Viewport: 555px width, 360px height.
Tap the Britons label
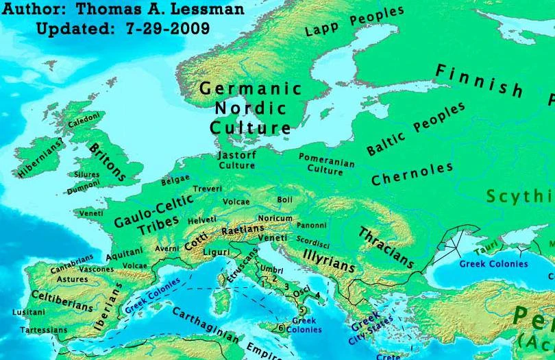pyautogui.click(x=106, y=162)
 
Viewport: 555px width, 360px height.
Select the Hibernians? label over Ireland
pyautogui.click(x=40, y=158)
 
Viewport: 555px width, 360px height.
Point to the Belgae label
pyautogui.click(x=175, y=181)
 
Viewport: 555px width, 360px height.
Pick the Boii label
pyautogui.click(x=284, y=200)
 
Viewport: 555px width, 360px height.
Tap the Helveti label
pyautogui.click(x=201, y=219)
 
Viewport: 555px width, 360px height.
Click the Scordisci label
pyautogui.click(x=313, y=241)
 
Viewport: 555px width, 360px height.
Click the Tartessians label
pyautogui.click(x=43, y=330)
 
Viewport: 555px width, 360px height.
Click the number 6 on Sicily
pyautogui.click(x=280, y=328)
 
